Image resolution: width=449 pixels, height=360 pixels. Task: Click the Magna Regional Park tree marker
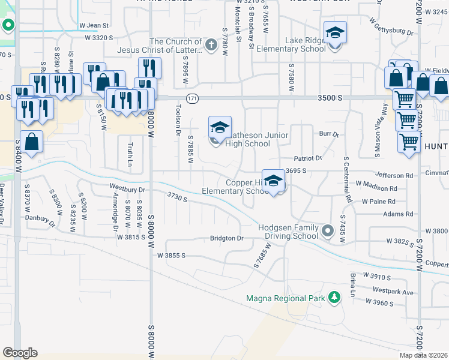click(334, 298)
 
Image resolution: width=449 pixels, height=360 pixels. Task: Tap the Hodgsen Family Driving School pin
click(327, 230)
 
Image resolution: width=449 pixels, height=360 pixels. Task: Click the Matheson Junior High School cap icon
click(220, 127)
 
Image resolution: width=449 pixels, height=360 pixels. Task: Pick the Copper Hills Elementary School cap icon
click(274, 181)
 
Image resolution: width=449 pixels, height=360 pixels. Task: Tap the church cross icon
click(211, 44)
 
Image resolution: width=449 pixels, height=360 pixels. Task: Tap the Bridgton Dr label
click(226, 238)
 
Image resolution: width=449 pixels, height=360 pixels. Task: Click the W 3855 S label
click(171, 255)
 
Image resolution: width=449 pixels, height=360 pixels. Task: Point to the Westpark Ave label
click(393, 292)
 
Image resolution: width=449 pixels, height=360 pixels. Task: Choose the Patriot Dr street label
click(308, 158)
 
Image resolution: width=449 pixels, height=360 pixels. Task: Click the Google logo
click(20, 353)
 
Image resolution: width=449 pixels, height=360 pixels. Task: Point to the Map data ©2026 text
click(423, 355)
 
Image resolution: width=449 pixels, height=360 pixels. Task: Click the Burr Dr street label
click(329, 135)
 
